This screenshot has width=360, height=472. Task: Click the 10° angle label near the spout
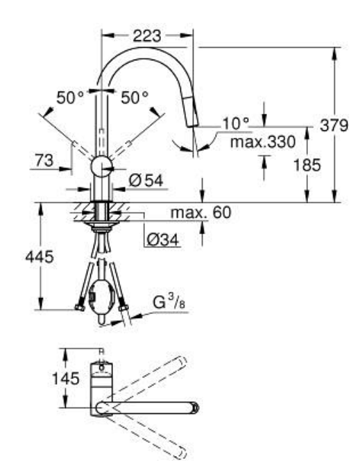tap(235, 123)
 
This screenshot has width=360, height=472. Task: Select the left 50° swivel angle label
tap(70, 98)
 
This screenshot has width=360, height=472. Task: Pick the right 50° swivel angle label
tap(135, 98)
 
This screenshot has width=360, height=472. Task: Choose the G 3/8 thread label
tap(169, 302)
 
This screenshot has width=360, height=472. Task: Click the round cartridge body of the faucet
tap(103, 166)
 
